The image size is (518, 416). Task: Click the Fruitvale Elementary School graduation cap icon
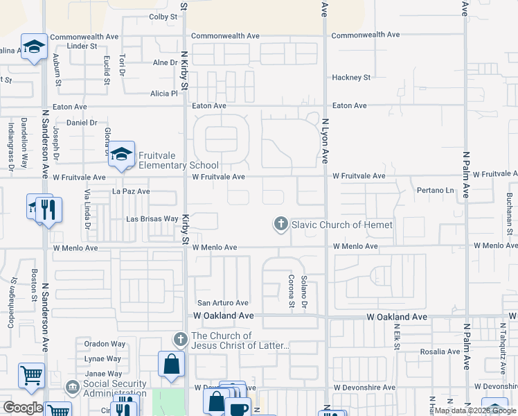coord(121,154)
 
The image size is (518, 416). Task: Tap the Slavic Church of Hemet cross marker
coord(280,224)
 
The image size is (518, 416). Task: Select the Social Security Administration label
coord(114,388)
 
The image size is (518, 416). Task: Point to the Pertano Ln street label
coord(435,190)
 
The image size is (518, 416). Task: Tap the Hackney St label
coord(352,78)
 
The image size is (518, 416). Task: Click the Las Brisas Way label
coord(152,219)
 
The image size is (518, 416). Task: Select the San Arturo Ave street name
coord(223,303)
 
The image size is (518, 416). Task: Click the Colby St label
coord(163,16)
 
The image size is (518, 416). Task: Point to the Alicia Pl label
coord(164,94)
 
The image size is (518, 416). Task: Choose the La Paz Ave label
coord(131,191)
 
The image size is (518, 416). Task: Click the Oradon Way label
coord(105,344)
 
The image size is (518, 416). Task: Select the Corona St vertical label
coord(292,289)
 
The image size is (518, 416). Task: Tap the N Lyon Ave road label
coord(325,141)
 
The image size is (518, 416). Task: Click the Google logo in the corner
coord(23,408)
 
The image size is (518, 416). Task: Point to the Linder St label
coord(82,46)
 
